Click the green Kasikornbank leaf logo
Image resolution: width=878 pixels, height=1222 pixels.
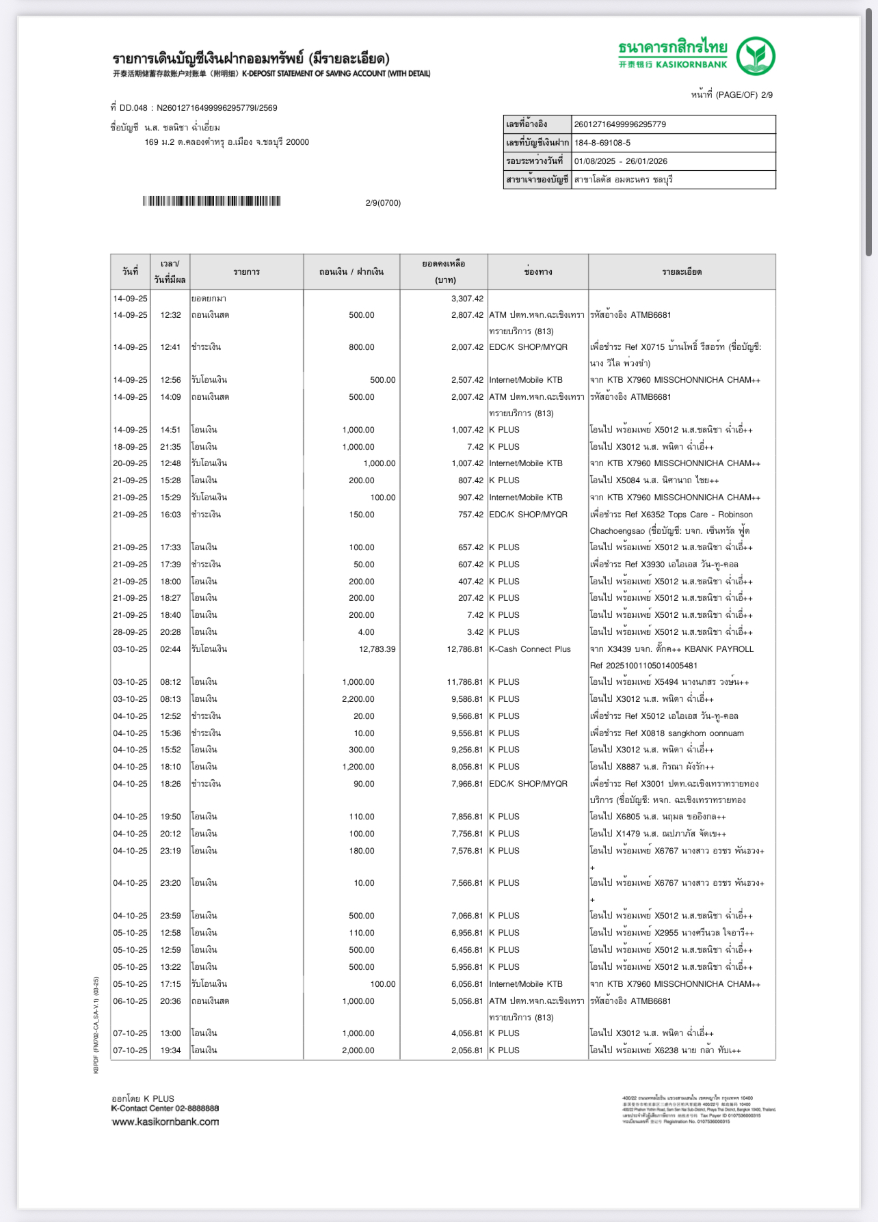[x=756, y=56]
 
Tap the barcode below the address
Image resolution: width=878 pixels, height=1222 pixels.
[x=212, y=201]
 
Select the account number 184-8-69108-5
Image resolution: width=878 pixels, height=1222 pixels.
[x=602, y=143]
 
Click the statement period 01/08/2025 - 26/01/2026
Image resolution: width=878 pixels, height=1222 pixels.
[x=620, y=161]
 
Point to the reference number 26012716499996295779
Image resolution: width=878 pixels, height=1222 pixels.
[x=620, y=124]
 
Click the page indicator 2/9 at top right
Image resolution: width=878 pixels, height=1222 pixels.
[x=767, y=95]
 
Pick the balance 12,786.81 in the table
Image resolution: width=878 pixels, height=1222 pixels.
[x=465, y=649]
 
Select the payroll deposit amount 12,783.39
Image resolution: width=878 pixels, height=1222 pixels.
[x=377, y=649]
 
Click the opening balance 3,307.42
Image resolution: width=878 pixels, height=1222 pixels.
[x=467, y=299]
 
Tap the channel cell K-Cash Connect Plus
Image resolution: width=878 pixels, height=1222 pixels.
[x=529, y=649]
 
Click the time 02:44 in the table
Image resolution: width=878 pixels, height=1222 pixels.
[x=170, y=649]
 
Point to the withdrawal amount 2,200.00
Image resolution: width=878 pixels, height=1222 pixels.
[x=358, y=699]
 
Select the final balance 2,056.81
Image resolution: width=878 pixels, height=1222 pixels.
[x=467, y=1050]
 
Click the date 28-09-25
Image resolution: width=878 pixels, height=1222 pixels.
[x=130, y=632]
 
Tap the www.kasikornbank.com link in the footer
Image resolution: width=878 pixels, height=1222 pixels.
[x=165, y=1122]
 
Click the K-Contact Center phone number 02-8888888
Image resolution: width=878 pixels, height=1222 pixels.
[x=197, y=1109]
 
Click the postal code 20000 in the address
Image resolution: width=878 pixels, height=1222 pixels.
[x=297, y=142]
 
